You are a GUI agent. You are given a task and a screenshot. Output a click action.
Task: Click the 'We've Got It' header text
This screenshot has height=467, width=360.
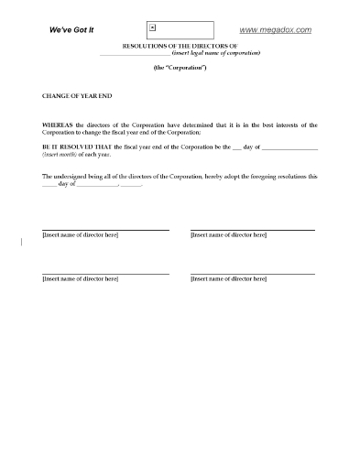coord(70,30)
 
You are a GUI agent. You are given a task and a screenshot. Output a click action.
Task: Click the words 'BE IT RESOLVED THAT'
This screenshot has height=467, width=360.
coord(76,147)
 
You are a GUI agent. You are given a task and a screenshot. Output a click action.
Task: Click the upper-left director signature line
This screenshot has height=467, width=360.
coord(105,230)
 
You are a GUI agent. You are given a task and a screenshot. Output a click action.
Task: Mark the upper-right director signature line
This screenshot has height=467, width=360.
coord(253,230)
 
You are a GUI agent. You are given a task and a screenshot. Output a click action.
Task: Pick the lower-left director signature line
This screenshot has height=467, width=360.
coord(105,274)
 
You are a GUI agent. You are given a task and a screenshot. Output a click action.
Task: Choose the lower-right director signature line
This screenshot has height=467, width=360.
coord(253,274)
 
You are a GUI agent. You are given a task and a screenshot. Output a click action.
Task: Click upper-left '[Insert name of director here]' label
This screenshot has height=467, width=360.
coord(80,236)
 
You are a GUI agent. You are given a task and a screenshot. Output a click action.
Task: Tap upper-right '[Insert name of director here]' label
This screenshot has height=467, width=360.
coord(228,236)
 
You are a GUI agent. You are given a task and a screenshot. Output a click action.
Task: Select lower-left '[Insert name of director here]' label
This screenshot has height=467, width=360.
coord(80,280)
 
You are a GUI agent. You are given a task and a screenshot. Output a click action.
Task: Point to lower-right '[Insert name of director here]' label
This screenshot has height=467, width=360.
coord(228,280)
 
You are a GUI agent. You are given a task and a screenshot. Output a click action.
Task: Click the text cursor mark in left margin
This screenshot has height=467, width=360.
coord(20,243)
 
